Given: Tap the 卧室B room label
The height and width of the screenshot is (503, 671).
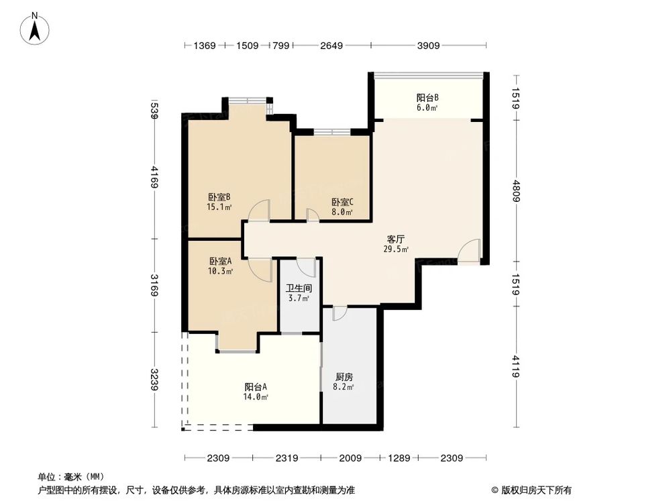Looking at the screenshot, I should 219,197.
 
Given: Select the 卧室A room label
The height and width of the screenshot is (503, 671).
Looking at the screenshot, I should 220,262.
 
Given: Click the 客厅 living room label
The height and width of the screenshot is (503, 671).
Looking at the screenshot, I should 396,239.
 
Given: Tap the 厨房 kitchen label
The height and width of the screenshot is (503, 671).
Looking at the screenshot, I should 344,376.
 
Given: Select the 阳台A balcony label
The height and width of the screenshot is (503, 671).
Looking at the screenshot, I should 256,387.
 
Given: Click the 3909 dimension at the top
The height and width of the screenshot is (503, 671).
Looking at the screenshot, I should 428,46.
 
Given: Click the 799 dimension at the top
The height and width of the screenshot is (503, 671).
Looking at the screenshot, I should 280,46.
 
